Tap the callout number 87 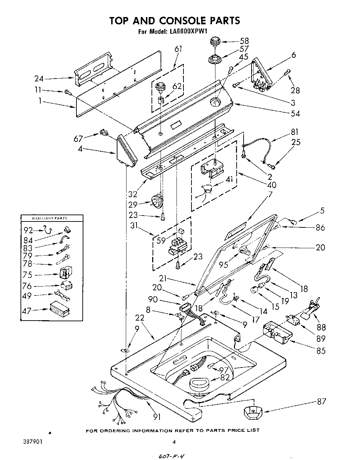[321, 402]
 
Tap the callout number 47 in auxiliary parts [27, 311]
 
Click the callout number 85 [321, 350]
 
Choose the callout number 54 [295, 113]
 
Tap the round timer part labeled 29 [157, 201]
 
